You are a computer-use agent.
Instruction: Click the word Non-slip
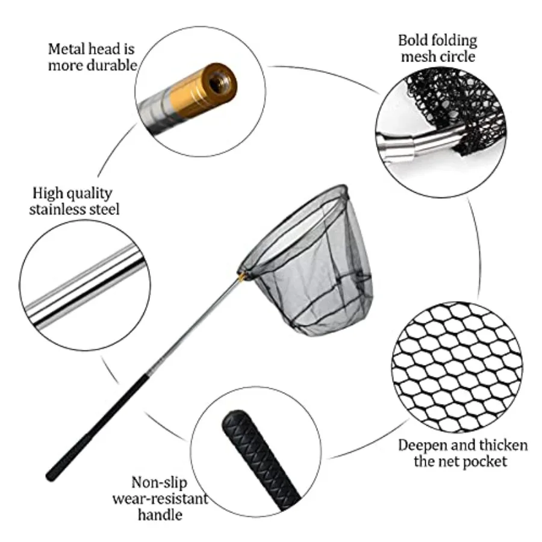click(x=159, y=483)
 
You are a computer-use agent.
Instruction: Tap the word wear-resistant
click(x=160, y=499)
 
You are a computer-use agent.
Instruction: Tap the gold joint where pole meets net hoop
click(x=242, y=275)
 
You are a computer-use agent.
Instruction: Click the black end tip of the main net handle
click(x=51, y=477)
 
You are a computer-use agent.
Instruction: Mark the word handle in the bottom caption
click(x=160, y=515)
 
